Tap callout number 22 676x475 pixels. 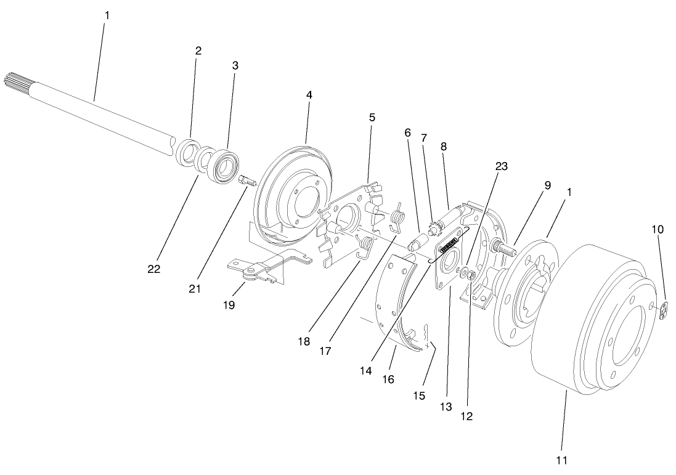154,269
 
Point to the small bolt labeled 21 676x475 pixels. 246,182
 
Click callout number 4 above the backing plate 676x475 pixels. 309,95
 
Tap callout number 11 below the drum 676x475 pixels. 561,460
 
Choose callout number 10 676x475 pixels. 658,229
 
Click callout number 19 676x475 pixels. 229,305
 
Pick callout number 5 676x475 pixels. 372,116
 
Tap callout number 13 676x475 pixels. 446,407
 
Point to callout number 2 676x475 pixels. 198,51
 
